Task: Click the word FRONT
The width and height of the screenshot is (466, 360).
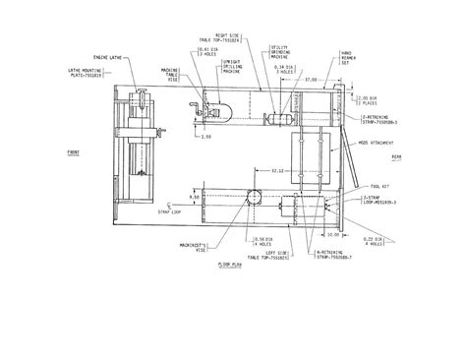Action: coord(74,153)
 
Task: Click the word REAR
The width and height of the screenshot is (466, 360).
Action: coord(396,155)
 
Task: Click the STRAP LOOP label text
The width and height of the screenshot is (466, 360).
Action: coord(170,210)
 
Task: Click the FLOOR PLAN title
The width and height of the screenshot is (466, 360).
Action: coord(230,265)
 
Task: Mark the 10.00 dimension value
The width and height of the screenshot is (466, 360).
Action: coord(331,234)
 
